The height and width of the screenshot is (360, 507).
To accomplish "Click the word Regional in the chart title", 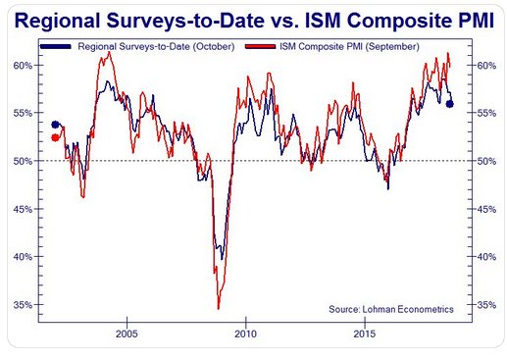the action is point(58,21).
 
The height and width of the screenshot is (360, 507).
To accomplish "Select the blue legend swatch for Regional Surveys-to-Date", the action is point(55,47).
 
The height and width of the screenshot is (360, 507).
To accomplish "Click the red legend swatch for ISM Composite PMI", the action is point(260,47).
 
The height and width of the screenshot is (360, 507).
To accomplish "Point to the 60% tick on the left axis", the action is point(23,66).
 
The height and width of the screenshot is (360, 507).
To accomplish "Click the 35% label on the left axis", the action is point(23,305).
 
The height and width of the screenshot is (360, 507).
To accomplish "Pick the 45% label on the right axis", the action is point(486,209).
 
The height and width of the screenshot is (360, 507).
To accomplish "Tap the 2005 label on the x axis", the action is point(127,334).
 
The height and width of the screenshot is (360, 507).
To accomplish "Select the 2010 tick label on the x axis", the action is point(246,334).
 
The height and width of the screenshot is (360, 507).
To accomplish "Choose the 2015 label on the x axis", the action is point(365,334).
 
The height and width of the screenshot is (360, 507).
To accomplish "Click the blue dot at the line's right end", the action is point(450,104).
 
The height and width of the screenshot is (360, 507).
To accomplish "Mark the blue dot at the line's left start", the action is point(55,125).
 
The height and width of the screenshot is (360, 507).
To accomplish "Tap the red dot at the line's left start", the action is point(55,138).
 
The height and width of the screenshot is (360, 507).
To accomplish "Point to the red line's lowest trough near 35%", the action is point(218,308).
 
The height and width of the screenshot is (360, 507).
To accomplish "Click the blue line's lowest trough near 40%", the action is point(222,259).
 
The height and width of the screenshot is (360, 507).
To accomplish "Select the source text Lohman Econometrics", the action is point(408,309).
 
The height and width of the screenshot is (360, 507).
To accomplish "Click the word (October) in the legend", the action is point(214,47).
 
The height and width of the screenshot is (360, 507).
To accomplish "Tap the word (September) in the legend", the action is point(392,47).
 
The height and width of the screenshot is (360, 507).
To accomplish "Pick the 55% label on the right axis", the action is point(486,113).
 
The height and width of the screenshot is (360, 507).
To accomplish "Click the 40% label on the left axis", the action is point(23,257).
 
